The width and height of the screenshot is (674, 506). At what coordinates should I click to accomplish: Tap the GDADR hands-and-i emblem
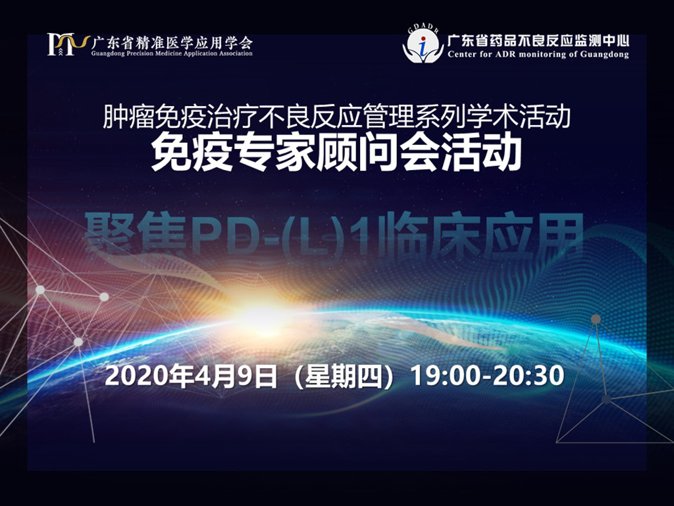423,49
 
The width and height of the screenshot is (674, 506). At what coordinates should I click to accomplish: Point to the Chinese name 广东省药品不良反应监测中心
538,41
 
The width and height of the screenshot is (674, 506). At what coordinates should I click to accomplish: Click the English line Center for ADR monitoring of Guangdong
538,55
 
